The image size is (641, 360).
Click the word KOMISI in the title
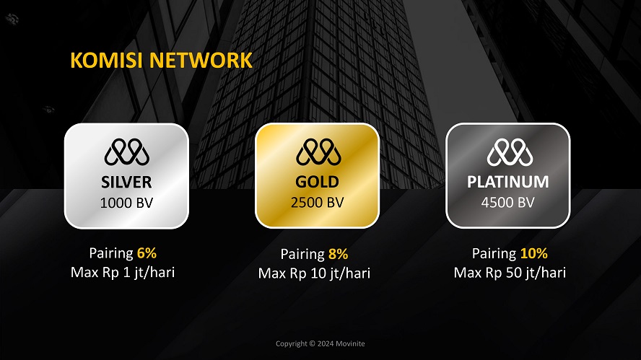point(106,60)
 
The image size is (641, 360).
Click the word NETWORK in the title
point(201,60)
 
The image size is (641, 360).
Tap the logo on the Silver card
point(127,152)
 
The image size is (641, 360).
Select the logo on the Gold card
point(318,152)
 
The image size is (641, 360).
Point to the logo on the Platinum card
point(510,152)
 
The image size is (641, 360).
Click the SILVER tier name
point(127,183)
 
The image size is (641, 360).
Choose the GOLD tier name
point(317,182)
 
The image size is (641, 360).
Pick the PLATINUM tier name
point(508,182)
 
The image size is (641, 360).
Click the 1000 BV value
point(127,203)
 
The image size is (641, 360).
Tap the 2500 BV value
point(317,202)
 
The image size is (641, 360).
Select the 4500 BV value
point(507,202)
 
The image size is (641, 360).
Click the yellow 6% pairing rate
point(147,253)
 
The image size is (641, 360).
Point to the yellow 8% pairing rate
point(338,254)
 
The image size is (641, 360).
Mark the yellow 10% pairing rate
point(534,253)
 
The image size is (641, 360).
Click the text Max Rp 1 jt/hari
point(123,273)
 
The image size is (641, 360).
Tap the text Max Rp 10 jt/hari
point(314,273)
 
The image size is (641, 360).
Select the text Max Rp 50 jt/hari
point(510,273)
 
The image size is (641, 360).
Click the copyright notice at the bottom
point(320,343)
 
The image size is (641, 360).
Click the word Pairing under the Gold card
point(302,255)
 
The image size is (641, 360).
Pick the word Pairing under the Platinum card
point(494,254)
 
